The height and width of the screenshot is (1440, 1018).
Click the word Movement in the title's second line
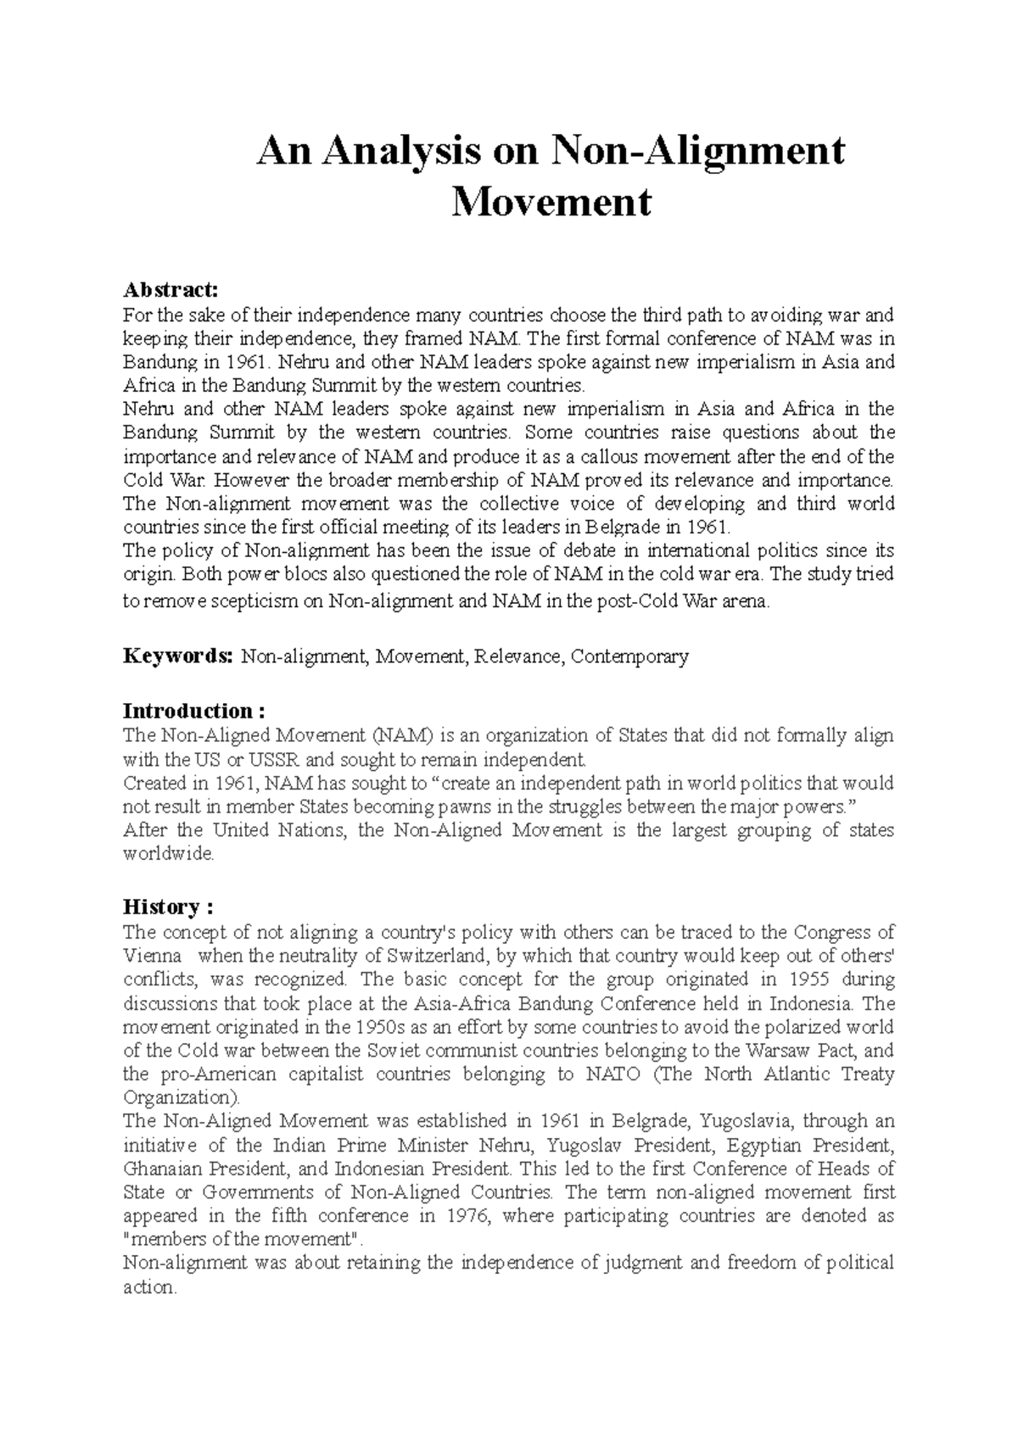point(551,202)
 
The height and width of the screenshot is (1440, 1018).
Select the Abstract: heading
point(171,290)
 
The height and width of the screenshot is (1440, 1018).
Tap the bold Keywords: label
point(176,656)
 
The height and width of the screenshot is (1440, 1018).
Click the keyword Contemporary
point(629,657)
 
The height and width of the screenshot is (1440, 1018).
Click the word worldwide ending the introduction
point(169,854)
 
